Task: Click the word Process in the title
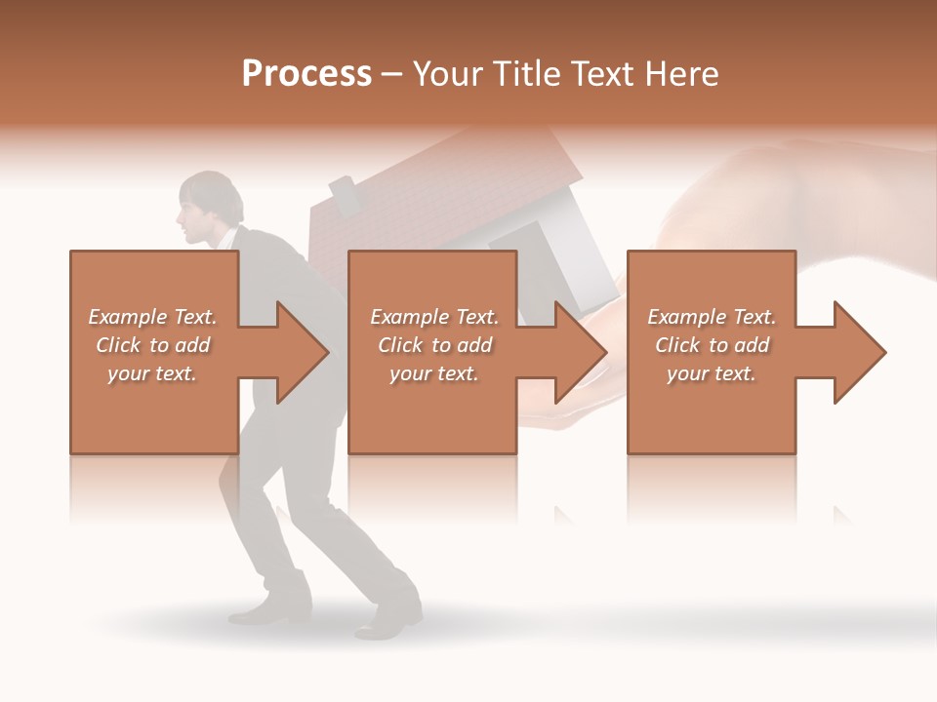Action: coord(306,74)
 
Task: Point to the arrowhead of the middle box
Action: coord(580,352)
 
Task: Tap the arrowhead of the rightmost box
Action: coord(859,352)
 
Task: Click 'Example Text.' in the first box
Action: coord(152,317)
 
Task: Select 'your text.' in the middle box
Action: coord(434,373)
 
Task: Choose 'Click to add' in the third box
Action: coord(713,345)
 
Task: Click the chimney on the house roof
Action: coord(345,194)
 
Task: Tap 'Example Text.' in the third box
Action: coord(712,317)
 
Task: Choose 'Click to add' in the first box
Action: coord(153,345)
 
